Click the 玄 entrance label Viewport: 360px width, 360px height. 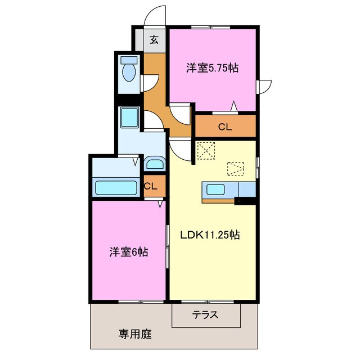[154, 40]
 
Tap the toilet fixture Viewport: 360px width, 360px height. [129, 70]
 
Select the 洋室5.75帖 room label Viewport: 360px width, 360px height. [213, 69]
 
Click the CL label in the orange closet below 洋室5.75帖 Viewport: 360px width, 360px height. [225, 127]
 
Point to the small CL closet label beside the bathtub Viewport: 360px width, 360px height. [150, 186]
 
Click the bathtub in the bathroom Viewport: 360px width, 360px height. [116, 187]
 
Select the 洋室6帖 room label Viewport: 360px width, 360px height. [129, 252]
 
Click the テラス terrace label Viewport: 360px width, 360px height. [205, 315]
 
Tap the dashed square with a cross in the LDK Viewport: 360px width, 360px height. [206, 150]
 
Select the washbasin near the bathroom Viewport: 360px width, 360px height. [154, 164]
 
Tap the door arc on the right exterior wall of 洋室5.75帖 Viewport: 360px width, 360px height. [265, 87]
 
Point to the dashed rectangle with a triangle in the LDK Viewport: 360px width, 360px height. [236, 168]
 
